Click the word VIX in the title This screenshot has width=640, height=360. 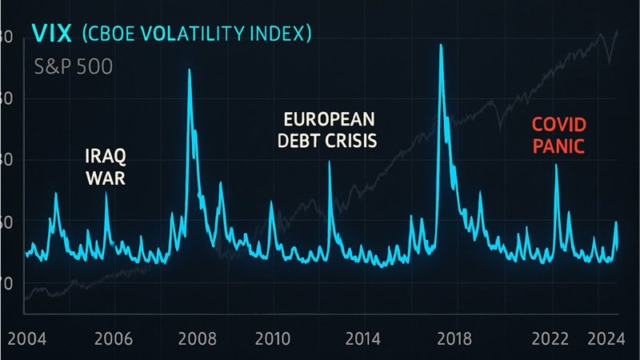tap(51, 34)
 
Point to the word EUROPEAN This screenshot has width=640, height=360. tap(330, 120)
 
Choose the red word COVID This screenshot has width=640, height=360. tap(560, 125)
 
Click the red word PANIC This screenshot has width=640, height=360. tap(560, 146)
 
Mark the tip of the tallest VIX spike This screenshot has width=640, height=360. tap(441, 44)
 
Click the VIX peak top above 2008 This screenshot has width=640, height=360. tap(189, 70)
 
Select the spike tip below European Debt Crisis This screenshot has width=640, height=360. tap(329, 162)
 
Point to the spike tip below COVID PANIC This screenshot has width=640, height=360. tap(556, 166)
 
